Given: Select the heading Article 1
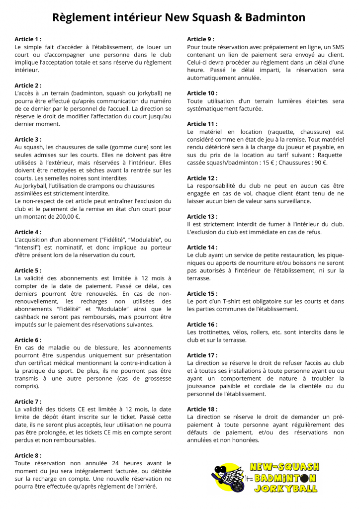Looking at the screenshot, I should [x=28, y=39].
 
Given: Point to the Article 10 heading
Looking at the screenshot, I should [x=202, y=93].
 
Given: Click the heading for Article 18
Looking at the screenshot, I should [x=202, y=409].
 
